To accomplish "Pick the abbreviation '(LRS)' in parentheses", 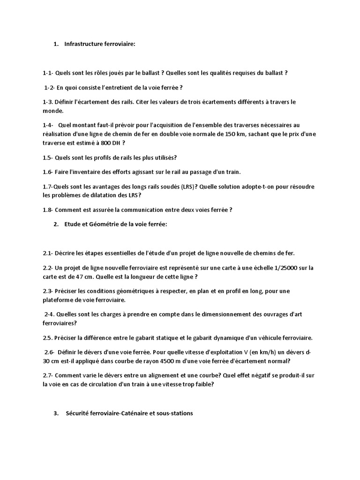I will (x=188, y=187).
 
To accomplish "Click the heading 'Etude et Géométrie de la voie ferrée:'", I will (x=116, y=225).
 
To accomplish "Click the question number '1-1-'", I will (x=48, y=73).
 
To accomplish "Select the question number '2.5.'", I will (x=47, y=337).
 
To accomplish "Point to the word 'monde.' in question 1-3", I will (x=52, y=111).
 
